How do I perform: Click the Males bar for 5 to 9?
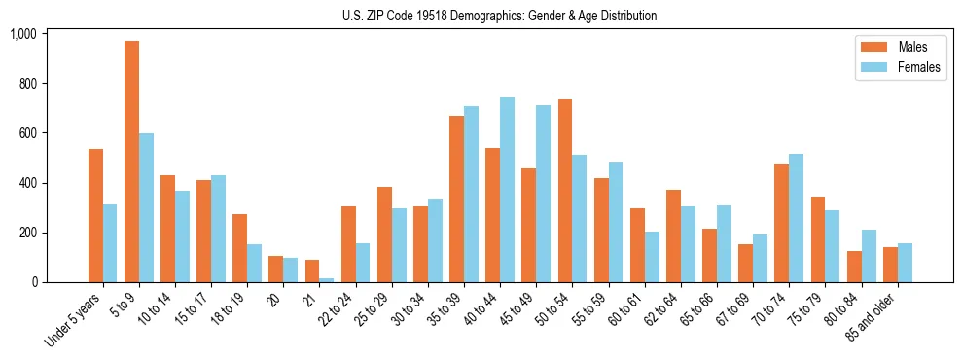(x=131, y=162)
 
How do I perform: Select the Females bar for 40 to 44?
(x=507, y=190)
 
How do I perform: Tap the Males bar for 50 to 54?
(x=565, y=191)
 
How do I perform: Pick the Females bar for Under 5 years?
(x=110, y=243)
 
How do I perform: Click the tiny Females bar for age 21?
(x=327, y=280)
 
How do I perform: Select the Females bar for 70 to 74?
(x=796, y=218)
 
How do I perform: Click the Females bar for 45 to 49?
(x=543, y=194)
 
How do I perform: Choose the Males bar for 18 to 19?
(x=240, y=248)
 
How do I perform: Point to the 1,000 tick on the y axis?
(x=22, y=34)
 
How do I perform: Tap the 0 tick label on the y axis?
(x=34, y=282)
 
